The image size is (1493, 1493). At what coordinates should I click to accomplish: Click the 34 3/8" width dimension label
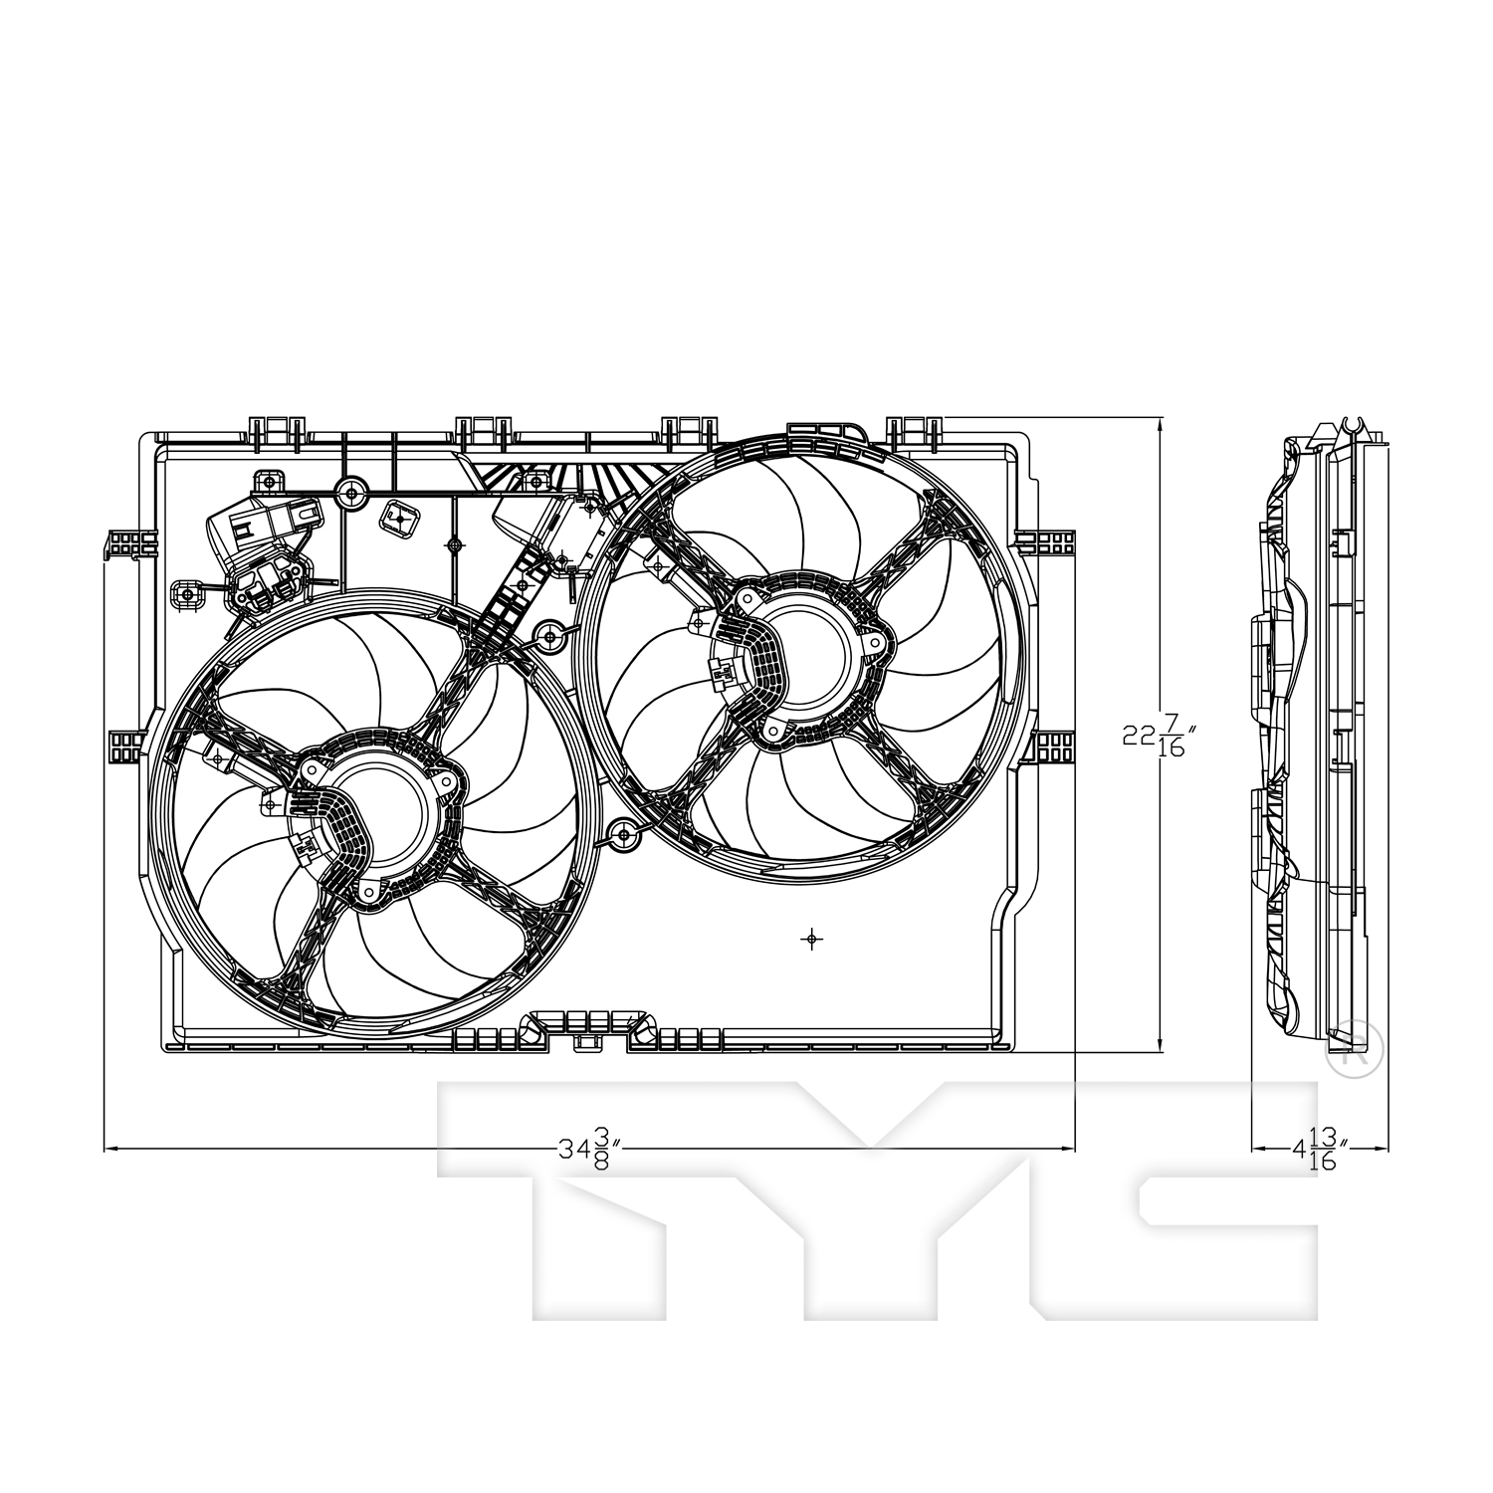click(590, 1151)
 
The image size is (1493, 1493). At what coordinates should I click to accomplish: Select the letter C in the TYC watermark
click(1224, 1204)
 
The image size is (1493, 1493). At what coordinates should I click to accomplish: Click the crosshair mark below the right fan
click(812, 938)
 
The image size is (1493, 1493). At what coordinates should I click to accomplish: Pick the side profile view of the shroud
click(1314, 737)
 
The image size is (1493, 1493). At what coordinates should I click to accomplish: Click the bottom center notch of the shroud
click(588, 1040)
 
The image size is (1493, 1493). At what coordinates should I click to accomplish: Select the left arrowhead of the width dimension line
click(109, 1150)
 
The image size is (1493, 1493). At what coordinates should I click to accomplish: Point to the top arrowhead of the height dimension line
click(1161, 422)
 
